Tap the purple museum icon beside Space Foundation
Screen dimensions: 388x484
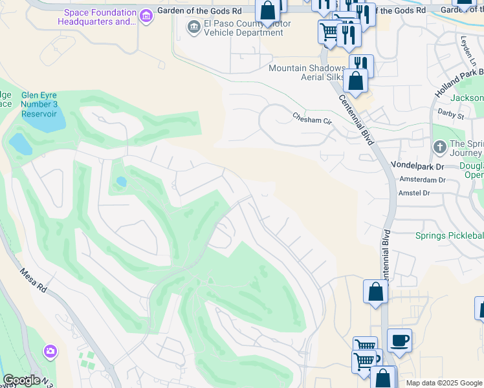click(147, 16)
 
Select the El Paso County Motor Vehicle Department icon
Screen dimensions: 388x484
click(193, 27)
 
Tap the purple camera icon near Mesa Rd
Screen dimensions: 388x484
click(50, 352)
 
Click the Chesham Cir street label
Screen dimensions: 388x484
click(312, 118)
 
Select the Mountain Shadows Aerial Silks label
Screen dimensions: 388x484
click(307, 72)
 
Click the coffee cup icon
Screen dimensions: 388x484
click(399, 340)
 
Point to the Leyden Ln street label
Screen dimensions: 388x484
click(467, 50)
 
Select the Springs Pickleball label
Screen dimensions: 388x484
click(448, 235)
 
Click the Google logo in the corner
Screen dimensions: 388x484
click(21, 380)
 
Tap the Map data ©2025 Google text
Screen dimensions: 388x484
click(444, 383)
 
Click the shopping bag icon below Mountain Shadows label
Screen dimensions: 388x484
click(355, 81)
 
